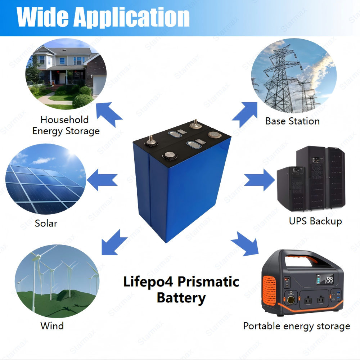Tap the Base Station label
292,121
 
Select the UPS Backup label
315,221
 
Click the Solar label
46,223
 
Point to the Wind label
52,326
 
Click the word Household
64,120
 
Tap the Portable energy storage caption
297,326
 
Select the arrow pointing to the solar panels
102,180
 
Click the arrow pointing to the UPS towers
260,180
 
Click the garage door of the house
99,85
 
